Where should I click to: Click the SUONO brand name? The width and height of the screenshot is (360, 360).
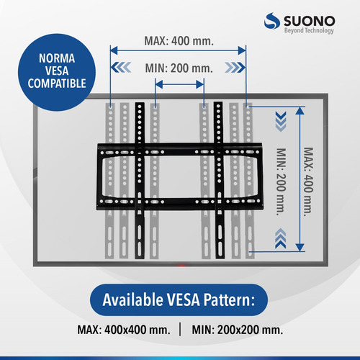click(x=310, y=21)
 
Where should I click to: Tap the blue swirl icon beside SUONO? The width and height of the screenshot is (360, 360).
click(x=272, y=21)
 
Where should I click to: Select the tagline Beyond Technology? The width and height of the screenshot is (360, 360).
click(x=309, y=30)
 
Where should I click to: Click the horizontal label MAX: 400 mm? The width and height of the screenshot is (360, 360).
click(x=179, y=41)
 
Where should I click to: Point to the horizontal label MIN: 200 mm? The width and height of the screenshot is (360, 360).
click(x=179, y=68)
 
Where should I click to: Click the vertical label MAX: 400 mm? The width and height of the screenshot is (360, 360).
click(x=309, y=182)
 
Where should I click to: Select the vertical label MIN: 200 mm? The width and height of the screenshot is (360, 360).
click(x=282, y=181)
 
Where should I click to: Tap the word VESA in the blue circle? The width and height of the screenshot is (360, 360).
click(x=57, y=71)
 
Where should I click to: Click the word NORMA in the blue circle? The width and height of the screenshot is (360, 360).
click(x=57, y=58)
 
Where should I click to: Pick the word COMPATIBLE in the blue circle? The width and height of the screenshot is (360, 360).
click(x=57, y=84)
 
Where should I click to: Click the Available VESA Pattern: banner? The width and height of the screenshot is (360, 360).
click(x=179, y=300)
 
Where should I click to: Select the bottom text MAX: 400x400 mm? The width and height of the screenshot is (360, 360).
click(x=124, y=330)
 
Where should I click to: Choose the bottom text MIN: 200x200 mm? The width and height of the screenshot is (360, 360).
click(x=238, y=330)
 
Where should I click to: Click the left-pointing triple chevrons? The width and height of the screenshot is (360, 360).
click(x=121, y=67)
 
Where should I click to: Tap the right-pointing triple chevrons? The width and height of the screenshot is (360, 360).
click(x=235, y=67)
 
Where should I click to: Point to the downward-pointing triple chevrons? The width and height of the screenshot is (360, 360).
click(x=281, y=122)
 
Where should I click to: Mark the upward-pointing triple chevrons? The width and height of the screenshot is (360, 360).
click(x=281, y=238)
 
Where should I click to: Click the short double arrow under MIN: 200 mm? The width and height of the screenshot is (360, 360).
click(x=179, y=84)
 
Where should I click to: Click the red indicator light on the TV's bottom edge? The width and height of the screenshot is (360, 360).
click(x=181, y=266)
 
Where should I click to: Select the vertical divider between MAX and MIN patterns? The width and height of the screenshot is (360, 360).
click(x=180, y=329)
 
